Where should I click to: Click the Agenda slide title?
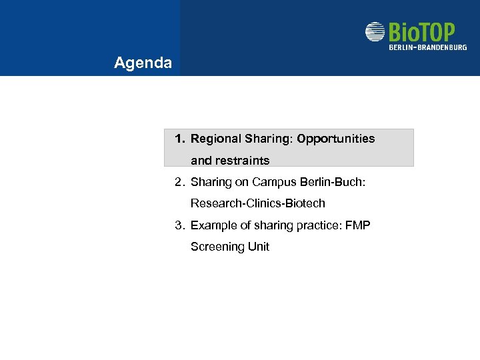click(143, 63)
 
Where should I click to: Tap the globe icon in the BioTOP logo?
click(375, 32)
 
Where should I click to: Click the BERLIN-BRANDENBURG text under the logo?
click(427, 47)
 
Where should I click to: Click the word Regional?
click(215, 139)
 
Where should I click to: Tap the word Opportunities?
click(336, 139)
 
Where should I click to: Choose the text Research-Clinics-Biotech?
click(257, 203)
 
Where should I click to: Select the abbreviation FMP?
click(357, 225)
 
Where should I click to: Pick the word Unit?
click(259, 247)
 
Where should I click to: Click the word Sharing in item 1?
click(268, 139)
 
